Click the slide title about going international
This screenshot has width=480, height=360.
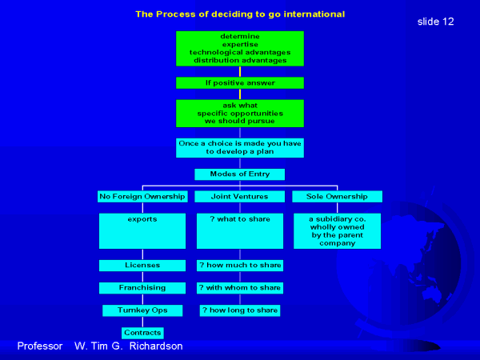pos(240,14)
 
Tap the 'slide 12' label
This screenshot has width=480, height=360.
pos(435,22)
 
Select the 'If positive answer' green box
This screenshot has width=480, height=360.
pos(240,82)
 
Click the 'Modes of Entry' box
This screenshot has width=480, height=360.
pos(240,174)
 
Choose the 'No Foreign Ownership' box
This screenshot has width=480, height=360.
pos(142,197)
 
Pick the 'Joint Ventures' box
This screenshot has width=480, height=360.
pos(240,197)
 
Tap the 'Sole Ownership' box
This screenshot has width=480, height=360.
pos(337,197)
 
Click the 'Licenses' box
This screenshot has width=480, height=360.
pos(142,266)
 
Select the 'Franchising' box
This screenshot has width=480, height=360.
pos(142,288)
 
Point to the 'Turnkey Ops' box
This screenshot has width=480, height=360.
pos(142,310)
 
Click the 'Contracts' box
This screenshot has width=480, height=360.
pos(142,333)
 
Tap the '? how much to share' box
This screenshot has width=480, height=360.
pos(240,266)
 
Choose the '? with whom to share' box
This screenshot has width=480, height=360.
pos(240,288)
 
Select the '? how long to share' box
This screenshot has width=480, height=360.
pos(240,310)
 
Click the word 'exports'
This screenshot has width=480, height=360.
pos(142,219)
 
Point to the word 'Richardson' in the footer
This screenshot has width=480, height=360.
pos(156,346)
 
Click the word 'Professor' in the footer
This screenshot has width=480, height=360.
pos(40,346)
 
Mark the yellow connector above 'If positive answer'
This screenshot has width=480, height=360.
pos(240,71)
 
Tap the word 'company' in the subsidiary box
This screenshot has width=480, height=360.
pos(338,243)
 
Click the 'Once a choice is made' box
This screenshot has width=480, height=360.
pos(240,148)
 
